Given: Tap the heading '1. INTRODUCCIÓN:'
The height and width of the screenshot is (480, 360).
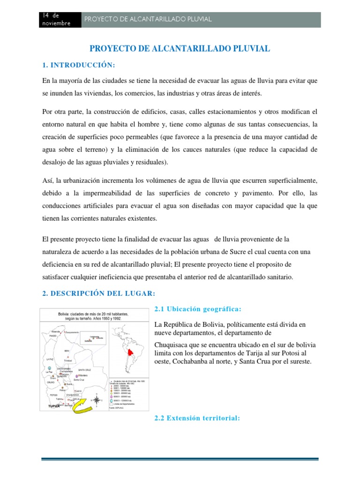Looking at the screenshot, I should coord(78,64).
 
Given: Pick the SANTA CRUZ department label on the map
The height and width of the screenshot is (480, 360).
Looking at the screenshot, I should coord(84,370).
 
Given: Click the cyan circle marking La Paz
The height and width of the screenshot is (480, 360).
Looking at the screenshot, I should coord(50,369).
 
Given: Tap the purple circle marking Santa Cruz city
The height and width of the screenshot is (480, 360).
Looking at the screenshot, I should coord(76,375).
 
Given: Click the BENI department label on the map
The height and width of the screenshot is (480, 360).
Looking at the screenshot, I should coord(67,350).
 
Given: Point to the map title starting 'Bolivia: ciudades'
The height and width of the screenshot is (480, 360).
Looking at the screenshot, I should coord(96,315).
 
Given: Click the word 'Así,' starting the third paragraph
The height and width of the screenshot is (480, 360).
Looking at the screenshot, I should coord(49,180).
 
